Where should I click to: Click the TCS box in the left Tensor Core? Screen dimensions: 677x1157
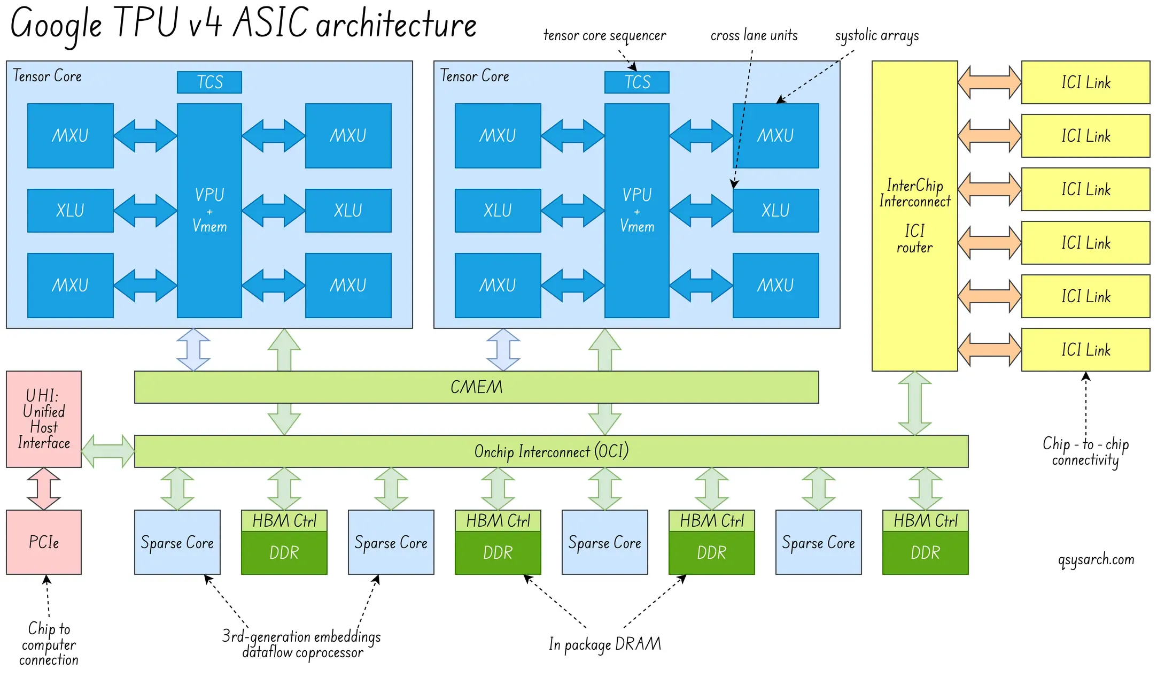click(209, 82)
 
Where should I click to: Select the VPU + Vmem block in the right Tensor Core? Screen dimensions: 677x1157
click(636, 211)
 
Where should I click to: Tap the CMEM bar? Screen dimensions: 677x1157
click(476, 387)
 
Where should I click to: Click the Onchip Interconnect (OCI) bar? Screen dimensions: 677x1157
click(551, 451)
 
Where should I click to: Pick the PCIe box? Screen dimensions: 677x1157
click(44, 542)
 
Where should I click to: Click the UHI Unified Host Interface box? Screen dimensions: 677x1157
click(44, 419)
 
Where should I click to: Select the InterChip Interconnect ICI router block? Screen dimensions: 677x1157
click(914, 216)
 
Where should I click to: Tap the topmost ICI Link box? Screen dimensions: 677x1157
click(1085, 82)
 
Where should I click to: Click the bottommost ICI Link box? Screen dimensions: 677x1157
click(1085, 350)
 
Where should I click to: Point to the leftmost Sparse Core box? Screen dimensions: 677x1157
click(177, 542)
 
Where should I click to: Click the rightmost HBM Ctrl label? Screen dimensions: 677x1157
click(925, 521)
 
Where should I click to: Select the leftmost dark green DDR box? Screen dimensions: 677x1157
click(284, 552)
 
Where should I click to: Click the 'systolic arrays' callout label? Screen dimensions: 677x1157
click(876, 36)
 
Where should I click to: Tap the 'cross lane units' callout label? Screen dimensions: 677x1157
click(754, 36)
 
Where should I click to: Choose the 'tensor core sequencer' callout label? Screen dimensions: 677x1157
click(604, 36)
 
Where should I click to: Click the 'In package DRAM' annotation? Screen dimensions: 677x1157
click(604, 644)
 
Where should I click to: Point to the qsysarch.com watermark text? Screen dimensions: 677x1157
click(1096, 559)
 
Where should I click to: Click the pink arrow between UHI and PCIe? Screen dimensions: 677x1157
click(44, 488)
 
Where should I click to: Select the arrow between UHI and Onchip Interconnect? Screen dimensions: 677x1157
click(108, 451)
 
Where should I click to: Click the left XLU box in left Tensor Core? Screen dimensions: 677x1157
click(70, 211)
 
